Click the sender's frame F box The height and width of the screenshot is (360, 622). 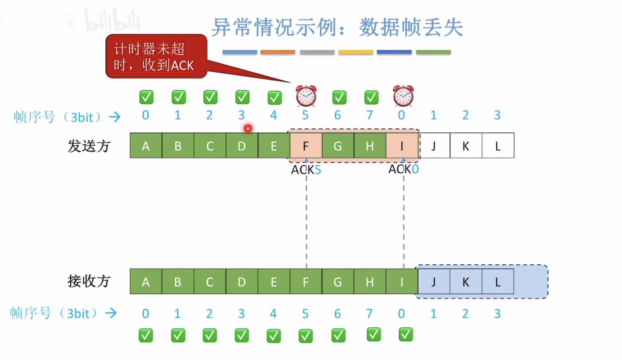click(306, 146)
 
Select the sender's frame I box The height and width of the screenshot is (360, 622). click(402, 146)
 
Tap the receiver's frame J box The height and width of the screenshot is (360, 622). click(434, 282)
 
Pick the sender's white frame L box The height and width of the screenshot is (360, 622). click(498, 146)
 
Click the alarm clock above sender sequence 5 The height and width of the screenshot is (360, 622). click(306, 96)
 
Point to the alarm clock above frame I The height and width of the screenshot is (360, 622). click(403, 96)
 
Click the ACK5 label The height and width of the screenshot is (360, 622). click(306, 170)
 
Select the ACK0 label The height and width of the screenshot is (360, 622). click(403, 169)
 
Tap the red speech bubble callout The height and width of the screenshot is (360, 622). click(156, 56)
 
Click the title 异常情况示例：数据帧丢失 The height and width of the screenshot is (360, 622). click(337, 27)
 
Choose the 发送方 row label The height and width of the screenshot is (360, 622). click(89, 146)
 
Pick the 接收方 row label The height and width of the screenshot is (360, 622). click(89, 281)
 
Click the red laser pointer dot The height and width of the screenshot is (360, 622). click(248, 128)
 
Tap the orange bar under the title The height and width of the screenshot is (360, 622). click(277, 52)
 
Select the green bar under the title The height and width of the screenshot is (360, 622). click(433, 52)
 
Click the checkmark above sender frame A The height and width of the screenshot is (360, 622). click(146, 97)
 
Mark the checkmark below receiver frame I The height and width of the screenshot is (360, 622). click(406, 334)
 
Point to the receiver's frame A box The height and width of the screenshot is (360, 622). click(146, 282)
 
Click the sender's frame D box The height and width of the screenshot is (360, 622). click(242, 146)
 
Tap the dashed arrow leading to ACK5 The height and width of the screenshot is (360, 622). click(306, 220)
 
